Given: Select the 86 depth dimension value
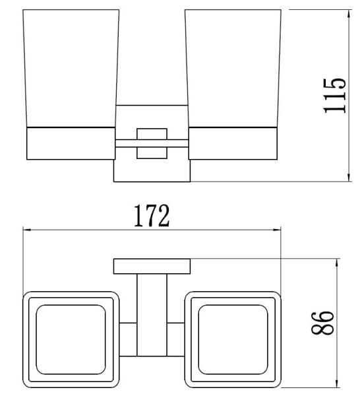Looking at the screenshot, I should click(x=322, y=323).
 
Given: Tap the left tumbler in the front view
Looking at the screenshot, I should click(x=73, y=66).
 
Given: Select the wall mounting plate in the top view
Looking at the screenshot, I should click(x=152, y=267).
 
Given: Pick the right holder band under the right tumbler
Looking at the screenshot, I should click(x=234, y=143).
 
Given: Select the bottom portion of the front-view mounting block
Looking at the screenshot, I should click(x=152, y=172).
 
